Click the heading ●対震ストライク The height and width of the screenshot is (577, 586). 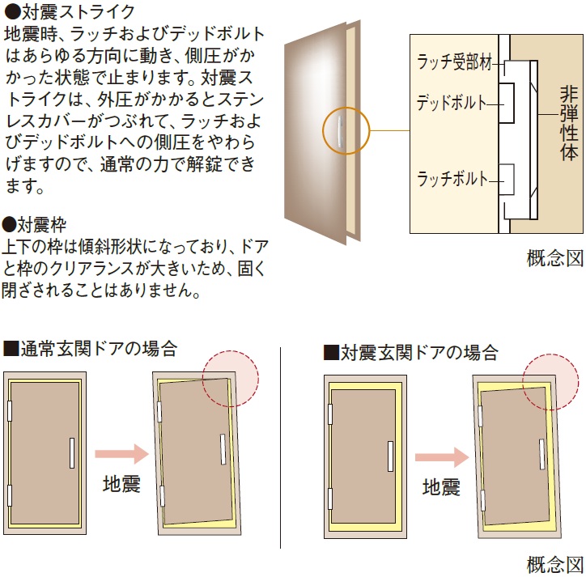tap(70, 14)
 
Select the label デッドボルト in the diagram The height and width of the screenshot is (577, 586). tap(451, 103)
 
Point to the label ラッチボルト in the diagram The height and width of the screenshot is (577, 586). tap(452, 179)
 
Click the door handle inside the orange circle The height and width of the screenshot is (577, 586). tap(343, 130)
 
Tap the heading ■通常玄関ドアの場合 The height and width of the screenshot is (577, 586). tap(90, 350)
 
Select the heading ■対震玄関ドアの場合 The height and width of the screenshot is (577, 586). tap(410, 353)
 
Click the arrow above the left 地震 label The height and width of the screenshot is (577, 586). tap(121, 451)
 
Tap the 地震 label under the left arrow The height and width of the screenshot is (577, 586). tap(121, 484)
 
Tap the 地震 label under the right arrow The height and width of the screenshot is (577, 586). tap(442, 487)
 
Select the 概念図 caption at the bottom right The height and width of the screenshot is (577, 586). tap(554, 563)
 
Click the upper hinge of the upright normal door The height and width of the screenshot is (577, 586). tap(11, 411)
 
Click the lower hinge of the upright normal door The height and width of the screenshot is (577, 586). tap(11, 495)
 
